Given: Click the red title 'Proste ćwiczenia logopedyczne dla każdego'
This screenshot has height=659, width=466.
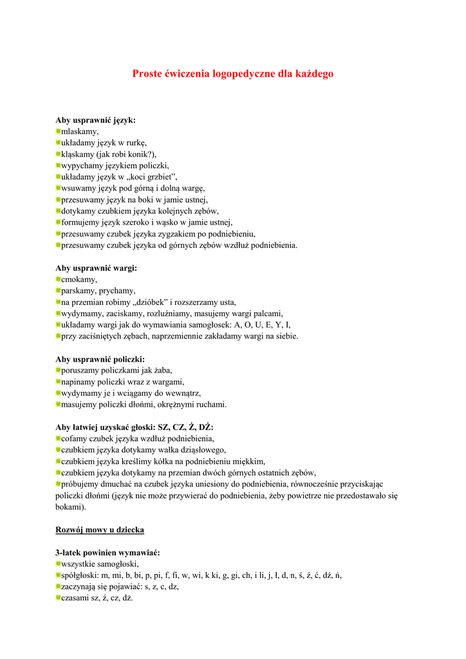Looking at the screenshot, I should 233,74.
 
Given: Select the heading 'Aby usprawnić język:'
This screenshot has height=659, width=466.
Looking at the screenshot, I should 95,120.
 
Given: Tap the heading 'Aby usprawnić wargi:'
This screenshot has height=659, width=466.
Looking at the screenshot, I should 96,268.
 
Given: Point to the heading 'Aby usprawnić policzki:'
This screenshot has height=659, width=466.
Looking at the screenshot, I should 100,359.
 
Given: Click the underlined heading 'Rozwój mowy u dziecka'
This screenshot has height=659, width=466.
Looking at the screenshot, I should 100,530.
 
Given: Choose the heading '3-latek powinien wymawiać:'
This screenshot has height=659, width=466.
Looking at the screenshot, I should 107,553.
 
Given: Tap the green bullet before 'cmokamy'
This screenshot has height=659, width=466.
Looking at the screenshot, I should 58,279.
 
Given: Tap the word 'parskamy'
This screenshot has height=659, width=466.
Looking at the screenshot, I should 79,291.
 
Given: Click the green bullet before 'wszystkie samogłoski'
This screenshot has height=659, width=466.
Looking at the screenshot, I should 58,564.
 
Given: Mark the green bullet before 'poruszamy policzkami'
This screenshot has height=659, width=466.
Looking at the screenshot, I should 58,370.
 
